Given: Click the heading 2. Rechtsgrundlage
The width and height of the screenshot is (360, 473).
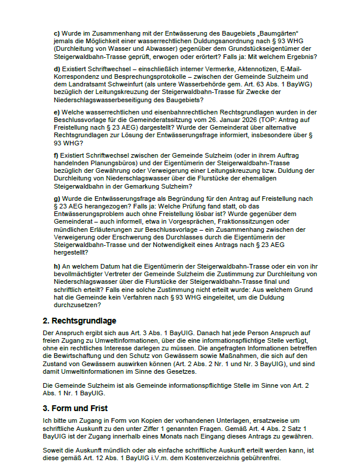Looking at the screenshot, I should pyautogui.click(x=79, y=321).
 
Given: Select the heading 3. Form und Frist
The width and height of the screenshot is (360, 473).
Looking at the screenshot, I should pyautogui.click(x=75, y=408).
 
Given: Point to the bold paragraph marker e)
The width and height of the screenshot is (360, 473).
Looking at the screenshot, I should pyautogui.click(x=57, y=112).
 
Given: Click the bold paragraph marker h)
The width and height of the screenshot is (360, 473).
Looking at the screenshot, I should pyautogui.click(x=57, y=266).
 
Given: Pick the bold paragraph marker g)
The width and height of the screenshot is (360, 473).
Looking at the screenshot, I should pyautogui.click(x=57, y=199).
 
